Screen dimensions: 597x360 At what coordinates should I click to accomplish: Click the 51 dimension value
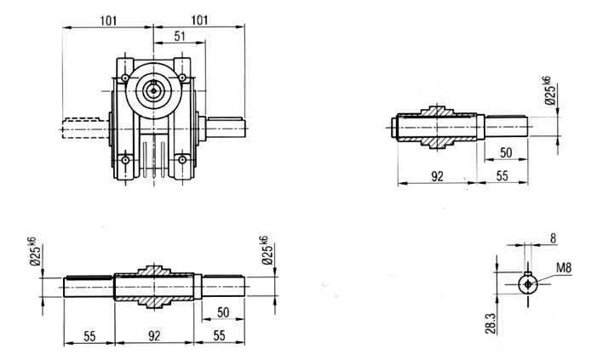[180, 36]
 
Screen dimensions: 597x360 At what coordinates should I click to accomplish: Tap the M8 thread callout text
[564, 268]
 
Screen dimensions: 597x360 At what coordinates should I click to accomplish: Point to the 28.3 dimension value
[491, 323]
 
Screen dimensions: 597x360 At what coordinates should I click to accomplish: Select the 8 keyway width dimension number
[553, 238]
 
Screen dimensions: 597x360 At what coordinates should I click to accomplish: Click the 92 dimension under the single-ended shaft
[438, 176]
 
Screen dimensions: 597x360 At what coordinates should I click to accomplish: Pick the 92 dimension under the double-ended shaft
[154, 335]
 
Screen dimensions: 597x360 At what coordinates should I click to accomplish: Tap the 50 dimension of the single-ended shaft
[506, 152]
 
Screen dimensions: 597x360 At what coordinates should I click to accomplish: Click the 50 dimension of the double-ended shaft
[223, 312]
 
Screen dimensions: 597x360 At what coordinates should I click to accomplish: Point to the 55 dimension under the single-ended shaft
[502, 176]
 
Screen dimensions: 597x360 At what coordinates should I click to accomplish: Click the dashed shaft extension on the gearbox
[84, 129]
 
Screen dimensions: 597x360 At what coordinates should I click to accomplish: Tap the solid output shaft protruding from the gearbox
[225, 128]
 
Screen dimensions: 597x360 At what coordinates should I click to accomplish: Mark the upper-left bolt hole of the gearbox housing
[125, 78]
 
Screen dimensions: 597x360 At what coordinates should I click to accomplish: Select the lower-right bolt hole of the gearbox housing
[182, 159]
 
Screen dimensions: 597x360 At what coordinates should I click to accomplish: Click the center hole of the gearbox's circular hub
[153, 90]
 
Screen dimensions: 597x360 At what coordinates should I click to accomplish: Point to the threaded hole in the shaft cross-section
[528, 284]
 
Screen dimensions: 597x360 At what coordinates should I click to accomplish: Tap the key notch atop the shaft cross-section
[528, 273]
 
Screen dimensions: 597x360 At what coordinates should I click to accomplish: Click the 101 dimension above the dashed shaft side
[108, 20]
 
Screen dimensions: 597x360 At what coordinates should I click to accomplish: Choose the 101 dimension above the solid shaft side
[199, 20]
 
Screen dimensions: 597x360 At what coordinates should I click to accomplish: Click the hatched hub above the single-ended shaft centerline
[437, 111]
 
